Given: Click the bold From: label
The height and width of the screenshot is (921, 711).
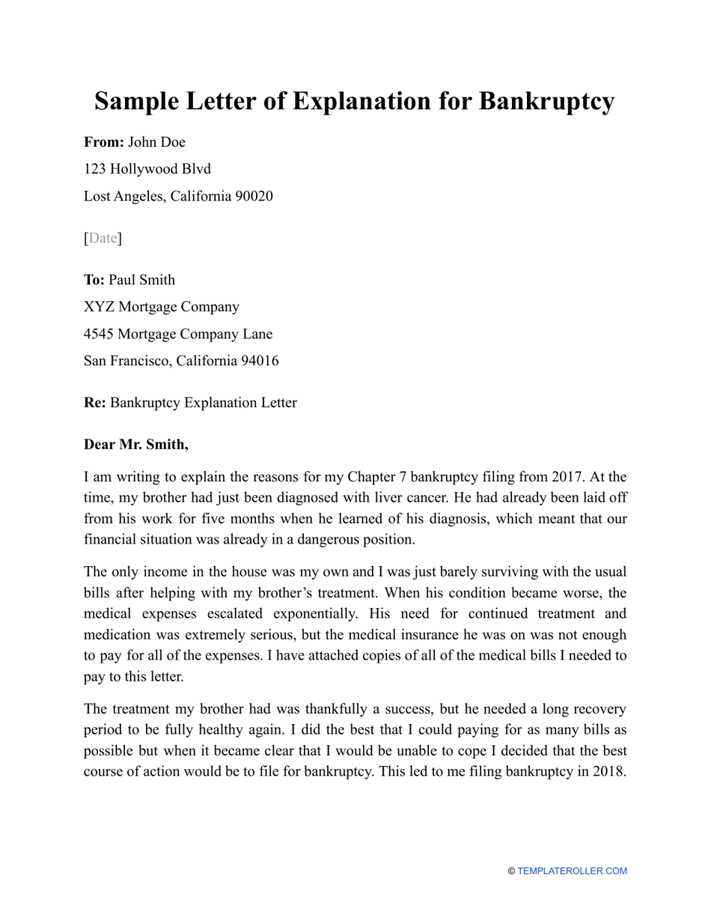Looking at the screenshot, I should pos(104,142).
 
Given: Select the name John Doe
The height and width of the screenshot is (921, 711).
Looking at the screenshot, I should pos(157,142).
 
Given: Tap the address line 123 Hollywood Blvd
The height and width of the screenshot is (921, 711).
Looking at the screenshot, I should pos(147,169).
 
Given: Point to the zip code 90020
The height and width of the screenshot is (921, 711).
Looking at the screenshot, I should pos(254,196).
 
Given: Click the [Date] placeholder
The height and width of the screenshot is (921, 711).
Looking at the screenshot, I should pos(103,238).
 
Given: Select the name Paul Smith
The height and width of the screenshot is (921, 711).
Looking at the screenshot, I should pos(142,280).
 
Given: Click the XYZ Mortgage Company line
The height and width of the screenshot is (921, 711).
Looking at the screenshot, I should pos(162,307).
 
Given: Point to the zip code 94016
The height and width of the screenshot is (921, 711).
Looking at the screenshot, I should pos(259,361).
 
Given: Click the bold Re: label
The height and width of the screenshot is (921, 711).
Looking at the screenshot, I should pos(94,403).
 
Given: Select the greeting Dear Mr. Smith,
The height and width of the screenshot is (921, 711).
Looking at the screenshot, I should pos(136,445).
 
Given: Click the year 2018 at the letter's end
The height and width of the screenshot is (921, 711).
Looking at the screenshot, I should pos(608,771).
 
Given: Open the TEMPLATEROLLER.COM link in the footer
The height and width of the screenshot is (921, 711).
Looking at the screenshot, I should pos(573,871).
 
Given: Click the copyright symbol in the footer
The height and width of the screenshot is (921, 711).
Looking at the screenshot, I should pos(512,871).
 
